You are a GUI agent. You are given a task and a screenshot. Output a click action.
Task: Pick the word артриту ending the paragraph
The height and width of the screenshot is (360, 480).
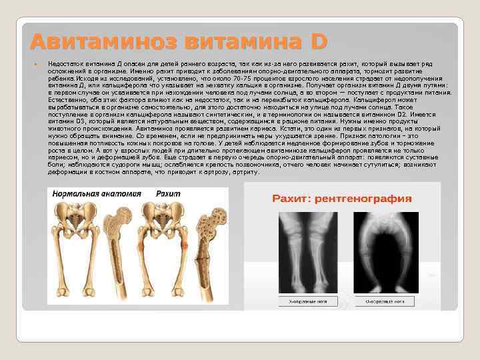247,171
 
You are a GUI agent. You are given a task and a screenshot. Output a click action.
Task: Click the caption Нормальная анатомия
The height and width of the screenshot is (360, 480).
94,193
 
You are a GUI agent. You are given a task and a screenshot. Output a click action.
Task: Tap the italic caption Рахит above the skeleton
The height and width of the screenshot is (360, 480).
168,193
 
